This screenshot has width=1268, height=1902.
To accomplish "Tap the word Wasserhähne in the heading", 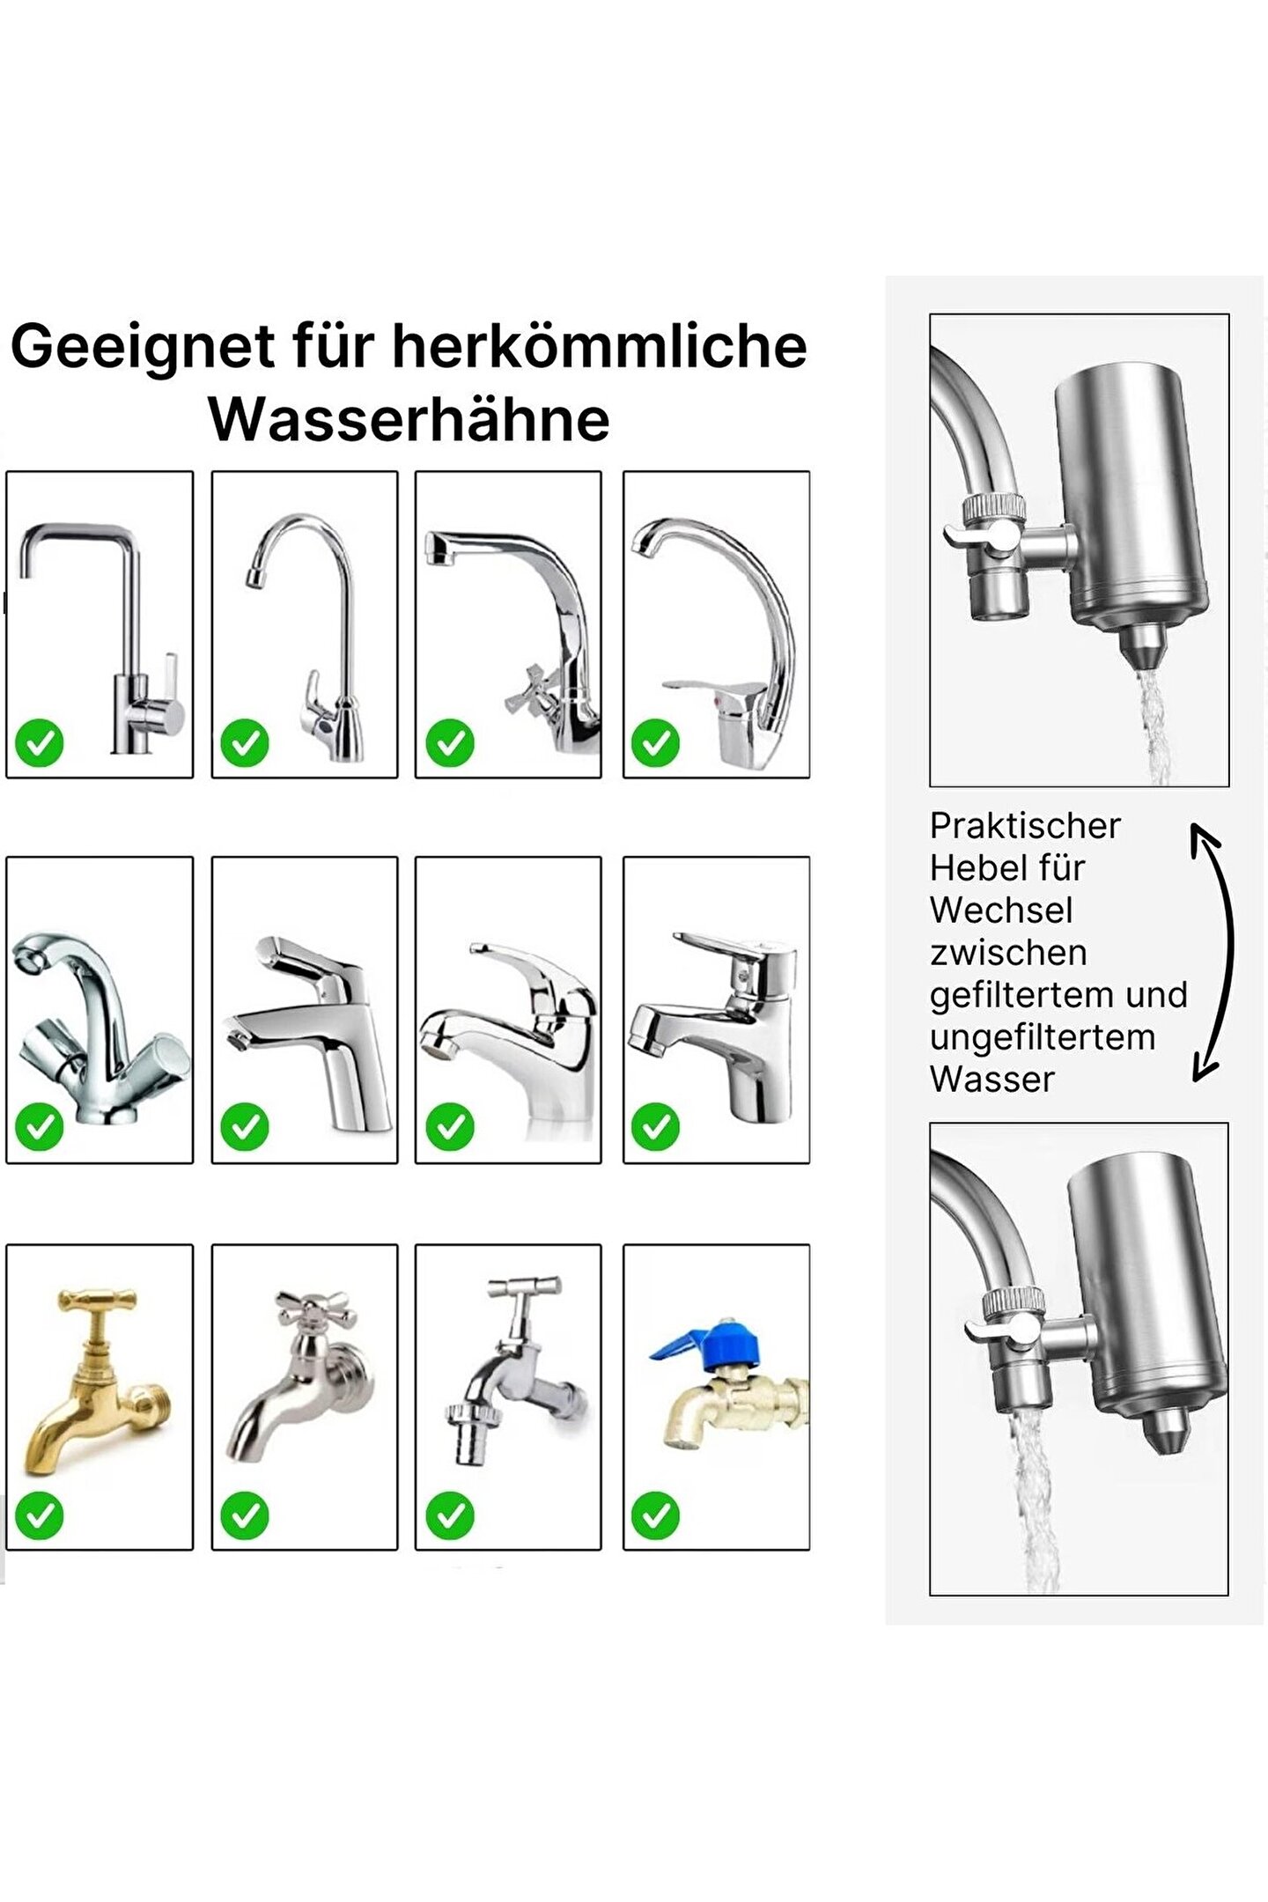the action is click(409, 420).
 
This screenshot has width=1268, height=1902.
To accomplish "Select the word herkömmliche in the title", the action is click(600, 345).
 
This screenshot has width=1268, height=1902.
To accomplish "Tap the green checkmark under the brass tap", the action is click(40, 1515).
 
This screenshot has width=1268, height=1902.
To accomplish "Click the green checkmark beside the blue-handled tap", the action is click(655, 1515).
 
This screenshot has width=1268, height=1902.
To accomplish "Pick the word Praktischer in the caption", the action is click(1025, 826).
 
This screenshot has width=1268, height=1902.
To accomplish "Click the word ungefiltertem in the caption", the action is click(1043, 1038).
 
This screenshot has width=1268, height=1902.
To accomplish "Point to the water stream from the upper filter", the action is click(1153, 727).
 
